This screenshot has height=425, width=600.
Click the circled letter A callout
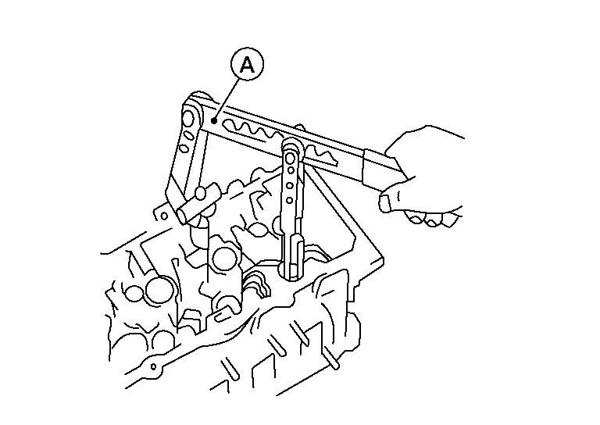[247, 64]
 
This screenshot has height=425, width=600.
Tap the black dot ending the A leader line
[214, 121]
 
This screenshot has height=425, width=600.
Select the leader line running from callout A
[227, 99]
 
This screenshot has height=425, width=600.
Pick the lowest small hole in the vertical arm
[290, 200]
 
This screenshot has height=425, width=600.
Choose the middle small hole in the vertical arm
[290, 185]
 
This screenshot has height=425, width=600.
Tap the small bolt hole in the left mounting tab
[164, 216]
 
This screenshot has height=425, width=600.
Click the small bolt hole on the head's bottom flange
[153, 367]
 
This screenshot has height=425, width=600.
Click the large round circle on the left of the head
[159, 290]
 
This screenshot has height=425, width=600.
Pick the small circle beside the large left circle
[134, 293]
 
